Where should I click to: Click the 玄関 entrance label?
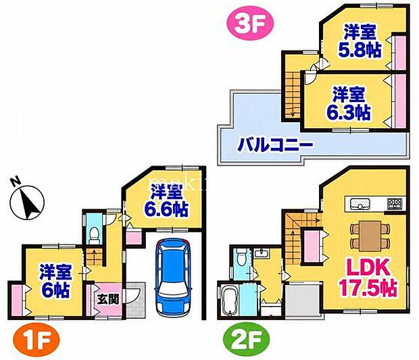pos(107,300)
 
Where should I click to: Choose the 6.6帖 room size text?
pos(166,209)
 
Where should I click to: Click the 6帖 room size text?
pos(55,290)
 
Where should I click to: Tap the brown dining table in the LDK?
pos(370,236)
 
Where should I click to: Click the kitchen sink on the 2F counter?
pos(360,204)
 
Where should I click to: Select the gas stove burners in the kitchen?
pos(395,203)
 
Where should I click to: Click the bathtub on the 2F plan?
pos(228,301)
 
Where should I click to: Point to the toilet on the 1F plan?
pos(94,235)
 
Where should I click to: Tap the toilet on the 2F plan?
pos(241,257)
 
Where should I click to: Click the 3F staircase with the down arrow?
pos(293,95)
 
